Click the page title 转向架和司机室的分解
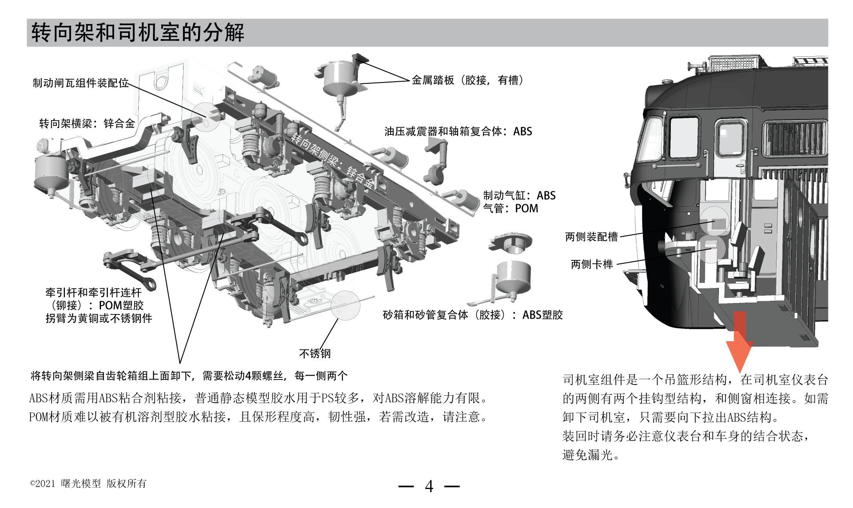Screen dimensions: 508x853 (x=138, y=33)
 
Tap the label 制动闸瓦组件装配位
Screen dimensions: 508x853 (x=81, y=83)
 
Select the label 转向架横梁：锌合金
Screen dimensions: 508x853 (x=87, y=124)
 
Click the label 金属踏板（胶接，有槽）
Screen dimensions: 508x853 (x=467, y=80)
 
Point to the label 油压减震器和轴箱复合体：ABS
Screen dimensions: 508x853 (x=458, y=132)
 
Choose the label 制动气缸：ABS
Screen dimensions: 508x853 (x=519, y=196)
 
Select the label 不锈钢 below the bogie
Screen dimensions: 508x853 (x=315, y=354)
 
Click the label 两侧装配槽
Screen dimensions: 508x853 (x=591, y=237)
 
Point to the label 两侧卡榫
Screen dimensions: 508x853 (x=592, y=264)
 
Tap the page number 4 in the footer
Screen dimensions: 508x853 (x=429, y=487)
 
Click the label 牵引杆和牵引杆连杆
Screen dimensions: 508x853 (x=93, y=293)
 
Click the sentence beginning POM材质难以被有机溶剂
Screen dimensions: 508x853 (x=258, y=417)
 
